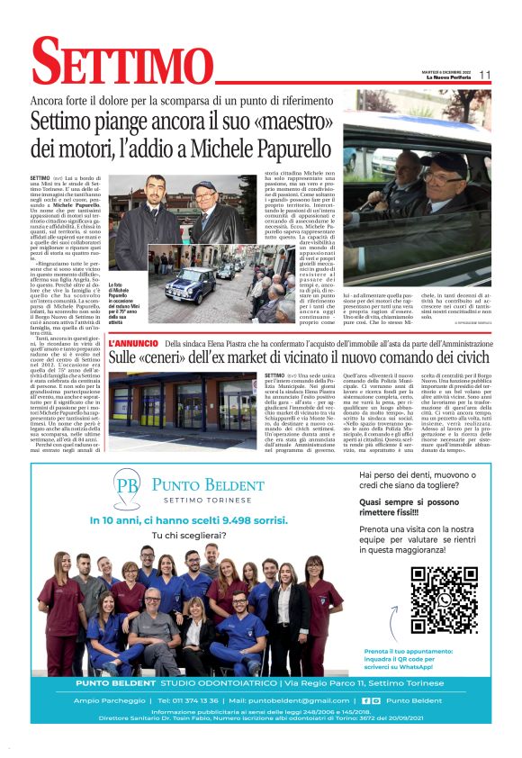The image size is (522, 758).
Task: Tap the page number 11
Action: (484, 75)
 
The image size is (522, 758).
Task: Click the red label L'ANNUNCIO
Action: (134, 343)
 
